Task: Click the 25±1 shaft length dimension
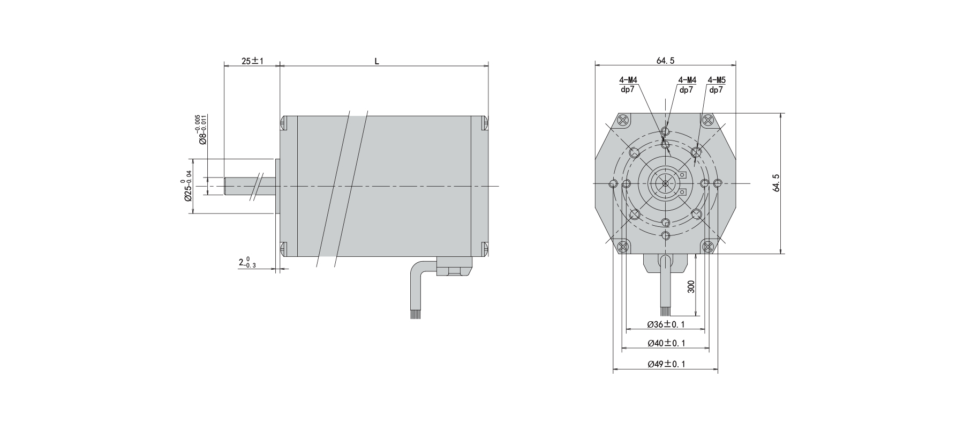pyautogui.click(x=253, y=61)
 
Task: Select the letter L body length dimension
pyautogui.click(x=376, y=61)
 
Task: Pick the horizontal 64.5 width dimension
pyautogui.click(x=665, y=61)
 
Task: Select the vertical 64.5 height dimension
pyautogui.click(x=777, y=183)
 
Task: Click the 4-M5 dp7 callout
pyautogui.click(x=716, y=85)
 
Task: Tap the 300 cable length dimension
pyautogui.click(x=691, y=286)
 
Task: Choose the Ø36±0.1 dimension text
pyautogui.click(x=666, y=324)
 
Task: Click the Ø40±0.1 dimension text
pyautogui.click(x=666, y=343)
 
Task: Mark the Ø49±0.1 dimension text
pyautogui.click(x=666, y=364)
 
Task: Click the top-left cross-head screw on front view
pyautogui.click(x=623, y=120)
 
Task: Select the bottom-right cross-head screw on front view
pyautogui.click(x=709, y=247)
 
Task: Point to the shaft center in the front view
pyautogui.click(x=665, y=183)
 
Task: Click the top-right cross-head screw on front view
pyautogui.click(x=708, y=120)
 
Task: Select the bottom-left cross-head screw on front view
pyautogui.click(x=623, y=247)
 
